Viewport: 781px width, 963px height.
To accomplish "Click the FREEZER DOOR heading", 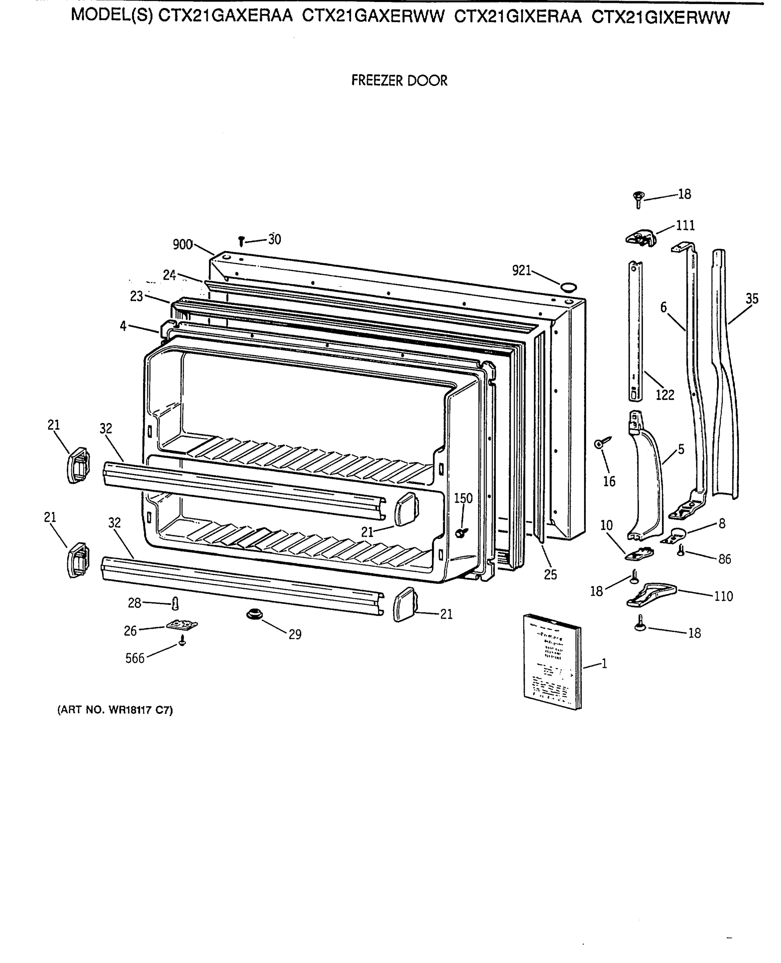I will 399,81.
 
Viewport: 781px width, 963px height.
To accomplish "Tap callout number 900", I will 183,245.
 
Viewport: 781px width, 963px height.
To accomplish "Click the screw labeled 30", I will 241,241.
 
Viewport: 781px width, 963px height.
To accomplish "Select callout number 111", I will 685,225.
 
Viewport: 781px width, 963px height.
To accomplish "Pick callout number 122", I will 665,395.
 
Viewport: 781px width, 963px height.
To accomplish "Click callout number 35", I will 752,299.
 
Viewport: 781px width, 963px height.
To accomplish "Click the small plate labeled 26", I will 182,625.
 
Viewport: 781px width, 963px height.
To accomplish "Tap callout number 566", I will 134,658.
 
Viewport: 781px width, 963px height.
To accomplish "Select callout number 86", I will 724,559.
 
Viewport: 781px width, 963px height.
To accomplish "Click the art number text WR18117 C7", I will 115,710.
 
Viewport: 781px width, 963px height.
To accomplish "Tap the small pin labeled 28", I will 175,603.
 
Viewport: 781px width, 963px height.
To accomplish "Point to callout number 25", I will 550,575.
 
